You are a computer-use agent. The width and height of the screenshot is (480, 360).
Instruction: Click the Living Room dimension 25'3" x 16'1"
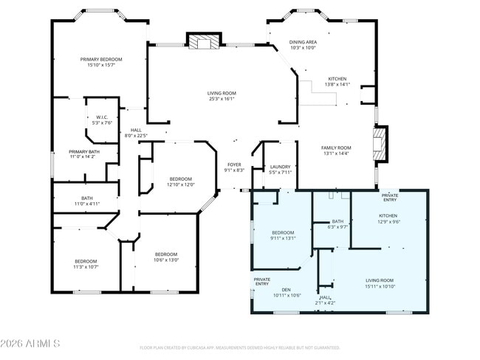[x=221, y=99]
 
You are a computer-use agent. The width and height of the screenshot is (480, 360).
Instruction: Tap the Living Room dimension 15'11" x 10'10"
[x=380, y=286]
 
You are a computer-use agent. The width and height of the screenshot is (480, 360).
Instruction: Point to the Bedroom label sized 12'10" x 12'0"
[x=181, y=181]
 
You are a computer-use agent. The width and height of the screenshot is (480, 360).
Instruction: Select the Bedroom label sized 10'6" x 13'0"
[x=165, y=257]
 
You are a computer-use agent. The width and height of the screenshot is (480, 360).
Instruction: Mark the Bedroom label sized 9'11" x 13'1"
[x=283, y=235]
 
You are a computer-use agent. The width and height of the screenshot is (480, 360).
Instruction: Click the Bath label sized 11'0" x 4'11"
[x=87, y=201]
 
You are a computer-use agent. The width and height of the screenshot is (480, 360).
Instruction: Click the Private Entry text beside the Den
[x=262, y=281]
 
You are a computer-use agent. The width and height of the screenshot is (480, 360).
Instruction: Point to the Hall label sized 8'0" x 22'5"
[x=135, y=133]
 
